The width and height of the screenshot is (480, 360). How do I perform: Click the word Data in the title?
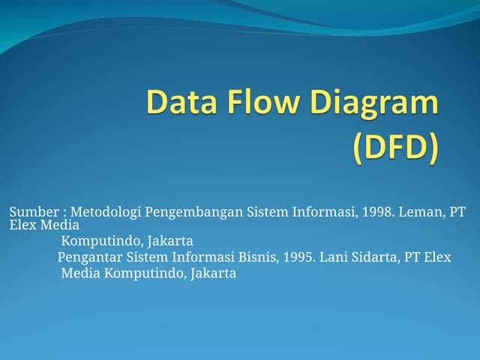point(180,103)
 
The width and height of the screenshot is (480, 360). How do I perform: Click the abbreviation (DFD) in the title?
point(394,147)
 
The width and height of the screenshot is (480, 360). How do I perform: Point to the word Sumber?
point(33,212)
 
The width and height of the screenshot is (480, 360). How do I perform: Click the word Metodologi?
point(106,212)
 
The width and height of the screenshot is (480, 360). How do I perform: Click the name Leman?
point(421,212)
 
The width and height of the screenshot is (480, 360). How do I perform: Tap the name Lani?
point(334,257)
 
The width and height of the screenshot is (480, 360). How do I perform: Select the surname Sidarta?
point(375,257)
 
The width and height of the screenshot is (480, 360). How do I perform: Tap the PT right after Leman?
point(457,212)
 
